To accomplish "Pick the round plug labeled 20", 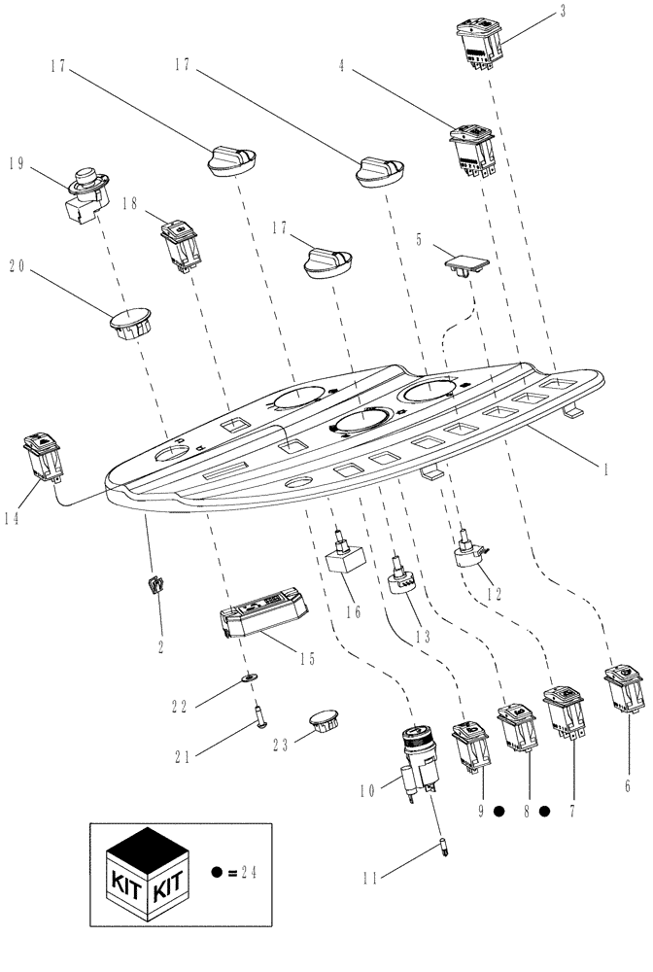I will (x=129, y=324).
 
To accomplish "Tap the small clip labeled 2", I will (x=155, y=588).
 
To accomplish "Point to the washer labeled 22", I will (x=249, y=677).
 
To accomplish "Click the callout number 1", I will (x=606, y=469).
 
